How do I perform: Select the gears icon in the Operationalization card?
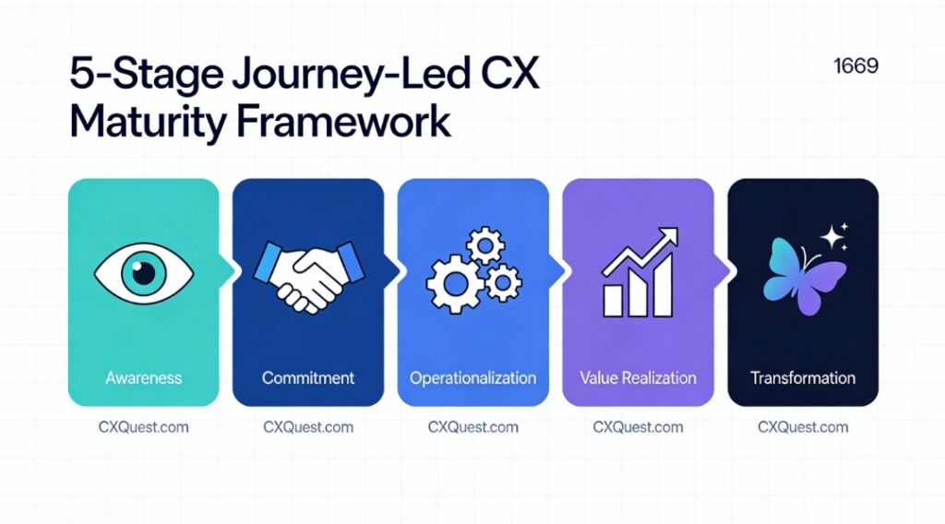(x=472, y=270)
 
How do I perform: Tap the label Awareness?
(x=143, y=377)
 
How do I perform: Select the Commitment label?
(x=307, y=377)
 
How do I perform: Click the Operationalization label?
(x=472, y=377)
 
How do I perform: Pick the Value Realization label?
(x=638, y=377)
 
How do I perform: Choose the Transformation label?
(x=802, y=377)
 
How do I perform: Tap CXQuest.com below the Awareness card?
(x=143, y=427)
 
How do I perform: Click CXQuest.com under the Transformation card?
(x=802, y=427)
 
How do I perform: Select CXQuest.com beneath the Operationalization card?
(x=472, y=427)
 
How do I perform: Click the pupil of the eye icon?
(x=143, y=270)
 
